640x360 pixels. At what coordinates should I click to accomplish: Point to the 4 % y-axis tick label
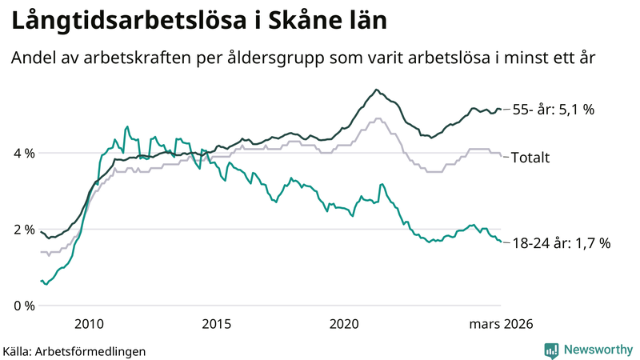pyautogui.click(x=23, y=153)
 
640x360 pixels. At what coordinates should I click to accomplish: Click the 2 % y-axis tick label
pyautogui.click(x=23, y=230)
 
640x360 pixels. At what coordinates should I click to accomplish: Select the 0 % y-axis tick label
pyautogui.click(x=23, y=306)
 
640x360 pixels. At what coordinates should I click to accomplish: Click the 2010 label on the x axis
pyautogui.click(x=89, y=324)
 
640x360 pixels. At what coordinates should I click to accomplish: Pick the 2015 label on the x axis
pyautogui.click(x=216, y=324)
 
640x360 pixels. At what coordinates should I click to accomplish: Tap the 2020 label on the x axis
pyautogui.click(x=344, y=324)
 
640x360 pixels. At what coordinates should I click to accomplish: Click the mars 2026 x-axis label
pyautogui.click(x=501, y=324)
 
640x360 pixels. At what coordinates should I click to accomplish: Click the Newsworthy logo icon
pyautogui.click(x=552, y=350)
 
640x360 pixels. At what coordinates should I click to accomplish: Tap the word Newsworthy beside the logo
pyautogui.click(x=597, y=350)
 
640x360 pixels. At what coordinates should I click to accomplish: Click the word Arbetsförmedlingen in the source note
pyautogui.click(x=91, y=350)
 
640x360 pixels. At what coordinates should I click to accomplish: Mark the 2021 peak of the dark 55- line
pyautogui.click(x=376, y=90)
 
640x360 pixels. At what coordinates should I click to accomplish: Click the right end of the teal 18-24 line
pyautogui.click(x=501, y=242)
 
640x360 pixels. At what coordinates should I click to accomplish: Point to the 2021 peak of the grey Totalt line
pyautogui.click(x=378, y=119)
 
